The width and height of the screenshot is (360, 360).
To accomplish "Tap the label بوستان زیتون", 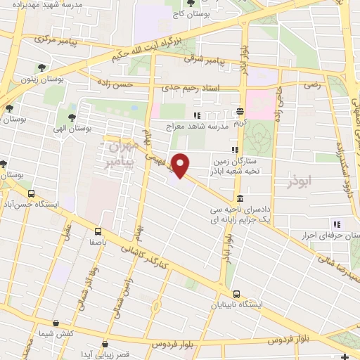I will (x=42, y=80).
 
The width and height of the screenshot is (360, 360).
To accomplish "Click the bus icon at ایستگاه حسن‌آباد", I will (x=30, y=193).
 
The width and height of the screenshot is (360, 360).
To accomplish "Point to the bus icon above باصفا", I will (x=97, y=231).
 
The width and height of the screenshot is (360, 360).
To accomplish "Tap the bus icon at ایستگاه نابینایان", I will (x=236, y=294).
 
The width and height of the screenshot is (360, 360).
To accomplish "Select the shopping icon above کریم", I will (x=240, y=111).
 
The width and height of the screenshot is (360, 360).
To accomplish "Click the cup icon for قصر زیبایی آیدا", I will (x=105, y=345).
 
